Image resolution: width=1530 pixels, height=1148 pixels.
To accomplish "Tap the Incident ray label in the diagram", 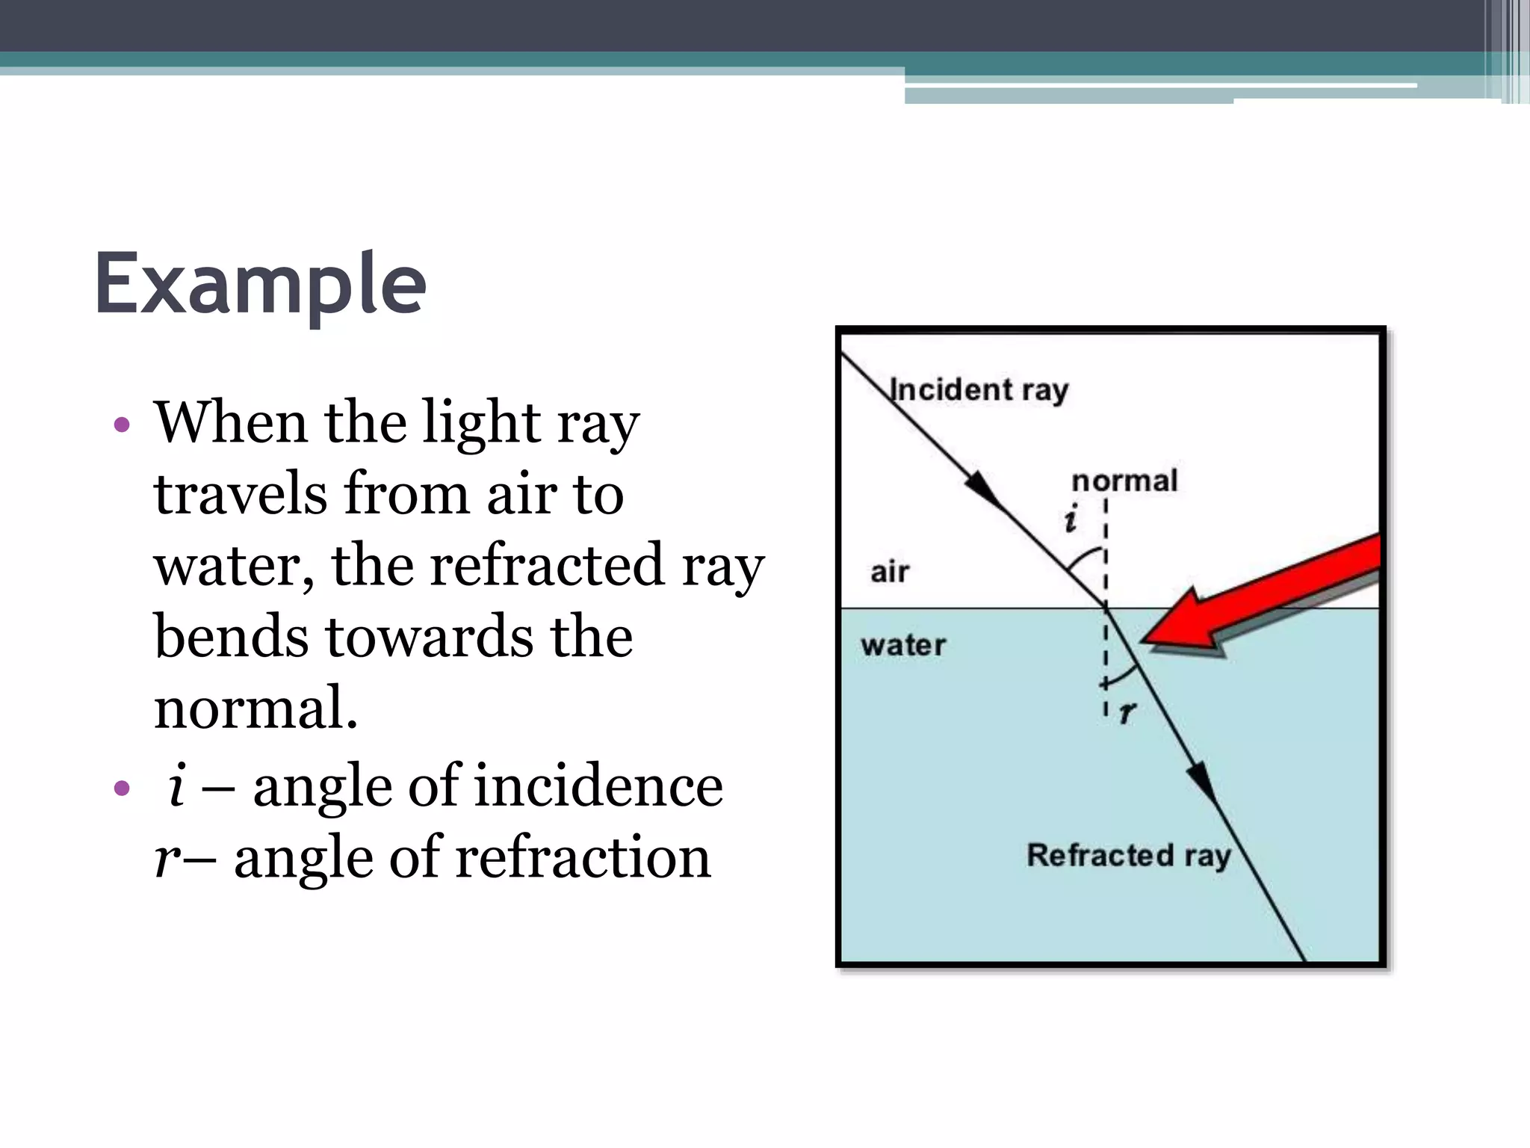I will pyautogui.click(x=979, y=390).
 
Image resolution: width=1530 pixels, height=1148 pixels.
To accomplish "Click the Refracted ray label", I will pyautogui.click(x=1128, y=855).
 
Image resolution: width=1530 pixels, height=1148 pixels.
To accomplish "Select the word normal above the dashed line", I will pyautogui.click(x=1124, y=481).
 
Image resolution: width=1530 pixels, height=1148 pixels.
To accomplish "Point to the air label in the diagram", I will pyautogui.click(x=890, y=572).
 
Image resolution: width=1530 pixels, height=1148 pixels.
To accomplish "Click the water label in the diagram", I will pyautogui.click(x=903, y=645).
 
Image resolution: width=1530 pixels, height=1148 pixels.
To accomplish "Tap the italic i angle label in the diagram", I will pyautogui.click(x=1071, y=519).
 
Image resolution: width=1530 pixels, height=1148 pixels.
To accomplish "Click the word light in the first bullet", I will pyautogui.click(x=482, y=422).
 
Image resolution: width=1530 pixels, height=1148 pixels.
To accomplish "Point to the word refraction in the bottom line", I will pyautogui.click(x=583, y=857).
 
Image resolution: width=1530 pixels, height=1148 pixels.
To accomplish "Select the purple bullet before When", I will pyautogui.click(x=122, y=425).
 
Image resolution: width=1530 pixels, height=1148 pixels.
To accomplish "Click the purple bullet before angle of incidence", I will pyautogui.click(x=122, y=788).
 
